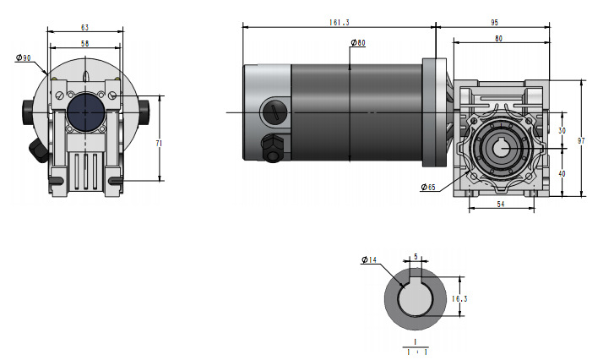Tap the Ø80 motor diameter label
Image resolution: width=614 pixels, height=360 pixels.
356,43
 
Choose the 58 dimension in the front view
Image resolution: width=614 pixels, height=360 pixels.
85,42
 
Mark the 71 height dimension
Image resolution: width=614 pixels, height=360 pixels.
160,144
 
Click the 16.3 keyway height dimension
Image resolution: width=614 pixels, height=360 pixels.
459,298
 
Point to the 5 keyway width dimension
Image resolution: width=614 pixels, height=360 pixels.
415,258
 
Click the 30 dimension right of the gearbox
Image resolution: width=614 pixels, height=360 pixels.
562,130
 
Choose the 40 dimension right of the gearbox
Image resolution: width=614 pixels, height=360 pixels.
562,173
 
